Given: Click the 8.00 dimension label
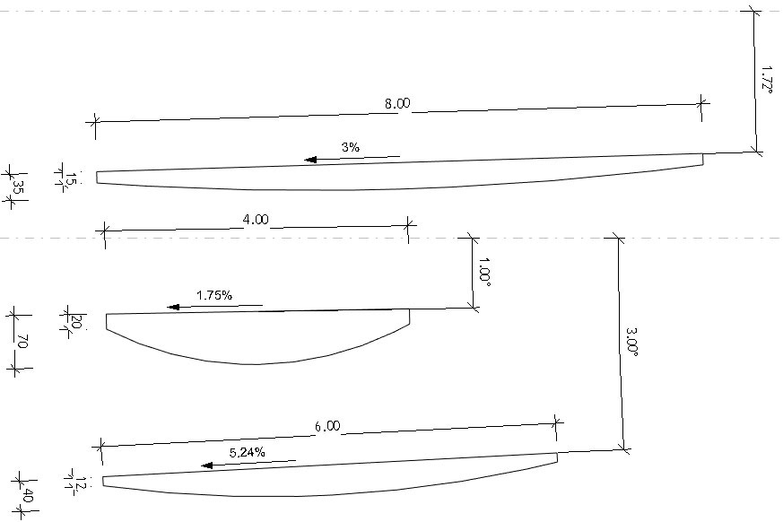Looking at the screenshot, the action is tap(397, 103).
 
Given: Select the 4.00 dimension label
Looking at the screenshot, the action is tap(256, 220).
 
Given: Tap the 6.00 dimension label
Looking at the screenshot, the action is tap(327, 426).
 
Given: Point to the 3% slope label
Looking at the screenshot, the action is tap(351, 147).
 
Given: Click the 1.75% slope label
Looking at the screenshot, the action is tap(214, 295).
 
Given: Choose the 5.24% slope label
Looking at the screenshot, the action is tap(248, 453).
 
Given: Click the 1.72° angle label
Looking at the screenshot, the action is tap(767, 77).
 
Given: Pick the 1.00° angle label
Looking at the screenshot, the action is tap(484, 272).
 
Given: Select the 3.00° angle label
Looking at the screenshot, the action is tap(631, 342).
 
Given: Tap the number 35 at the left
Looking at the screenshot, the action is tap(18, 187).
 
